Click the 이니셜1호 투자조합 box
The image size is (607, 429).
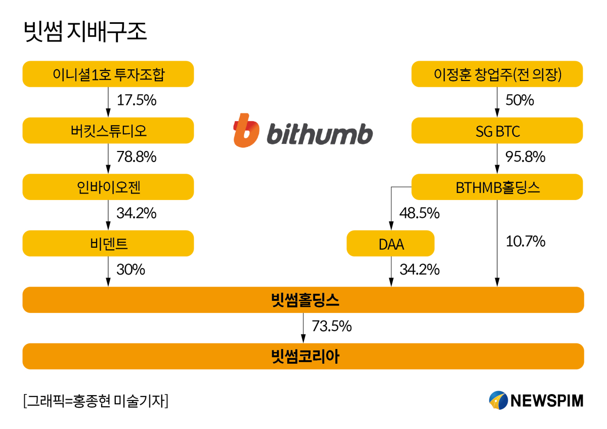[108, 74]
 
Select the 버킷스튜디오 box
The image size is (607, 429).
[108, 131]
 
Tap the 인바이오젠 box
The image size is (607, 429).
[108, 187]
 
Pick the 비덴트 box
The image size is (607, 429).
[108, 244]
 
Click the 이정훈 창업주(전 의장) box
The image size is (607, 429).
[497, 74]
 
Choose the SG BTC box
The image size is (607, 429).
[497, 131]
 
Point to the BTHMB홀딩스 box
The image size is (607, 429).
[497, 187]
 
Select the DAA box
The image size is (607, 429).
[390, 244]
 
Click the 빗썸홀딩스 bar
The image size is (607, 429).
[303, 300]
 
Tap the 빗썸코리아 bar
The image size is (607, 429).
[303, 357]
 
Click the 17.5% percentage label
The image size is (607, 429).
[136, 100]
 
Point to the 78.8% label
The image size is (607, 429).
[136, 157]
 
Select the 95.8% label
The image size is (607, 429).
[525, 157]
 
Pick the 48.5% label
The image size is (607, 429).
[419, 213]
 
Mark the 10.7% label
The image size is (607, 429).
[525, 242]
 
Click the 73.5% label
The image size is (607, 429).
[331, 326]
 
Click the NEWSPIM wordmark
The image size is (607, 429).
[546, 401]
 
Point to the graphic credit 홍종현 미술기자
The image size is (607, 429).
[96, 401]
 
